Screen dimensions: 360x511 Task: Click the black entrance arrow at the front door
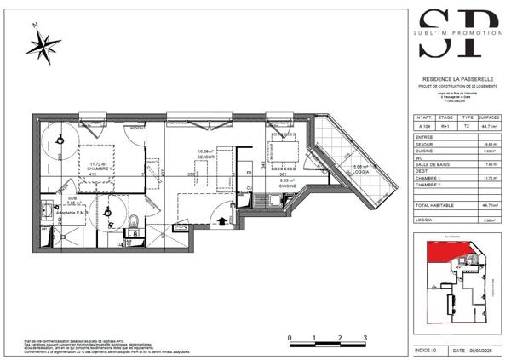click(223, 220)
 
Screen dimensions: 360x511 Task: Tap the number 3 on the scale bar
click(365, 338)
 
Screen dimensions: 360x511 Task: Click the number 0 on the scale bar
click(290, 338)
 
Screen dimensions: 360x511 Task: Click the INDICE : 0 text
click(426, 350)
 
